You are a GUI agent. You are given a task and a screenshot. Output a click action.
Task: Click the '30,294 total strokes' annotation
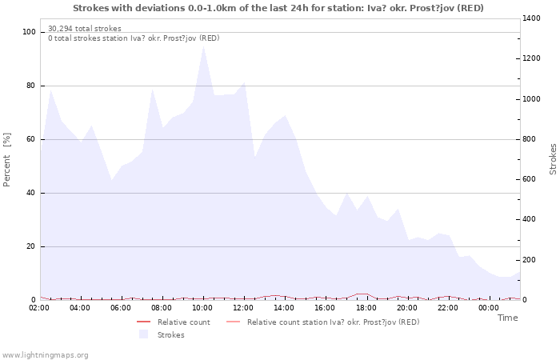(x=85, y=29)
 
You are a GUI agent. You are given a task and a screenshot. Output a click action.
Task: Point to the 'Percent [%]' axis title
(x=7, y=160)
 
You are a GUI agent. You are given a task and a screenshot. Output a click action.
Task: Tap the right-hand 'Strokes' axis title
(x=553, y=159)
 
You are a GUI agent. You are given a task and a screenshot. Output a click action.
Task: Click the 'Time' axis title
(x=507, y=318)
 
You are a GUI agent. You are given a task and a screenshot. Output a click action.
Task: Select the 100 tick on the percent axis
(x=30, y=32)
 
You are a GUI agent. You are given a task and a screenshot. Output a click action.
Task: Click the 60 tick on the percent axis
(x=32, y=139)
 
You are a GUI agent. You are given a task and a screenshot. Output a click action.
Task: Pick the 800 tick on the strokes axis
(x=531, y=139)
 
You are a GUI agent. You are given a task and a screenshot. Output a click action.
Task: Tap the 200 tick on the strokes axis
(x=531, y=260)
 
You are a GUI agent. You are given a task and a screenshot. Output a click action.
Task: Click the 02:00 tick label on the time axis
(x=40, y=307)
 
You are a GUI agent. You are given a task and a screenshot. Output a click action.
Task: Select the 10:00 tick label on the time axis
(x=202, y=307)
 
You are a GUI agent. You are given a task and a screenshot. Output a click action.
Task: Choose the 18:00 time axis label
(x=366, y=307)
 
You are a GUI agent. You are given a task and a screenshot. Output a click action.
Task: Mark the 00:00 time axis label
(x=488, y=307)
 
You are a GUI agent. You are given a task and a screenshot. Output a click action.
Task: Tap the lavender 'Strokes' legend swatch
(x=144, y=334)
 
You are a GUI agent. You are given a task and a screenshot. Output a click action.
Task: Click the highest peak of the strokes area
(x=204, y=45)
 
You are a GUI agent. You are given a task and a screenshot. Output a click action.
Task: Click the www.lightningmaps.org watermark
(x=45, y=354)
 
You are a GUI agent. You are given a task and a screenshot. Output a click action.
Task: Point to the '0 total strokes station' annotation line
(x=134, y=38)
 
